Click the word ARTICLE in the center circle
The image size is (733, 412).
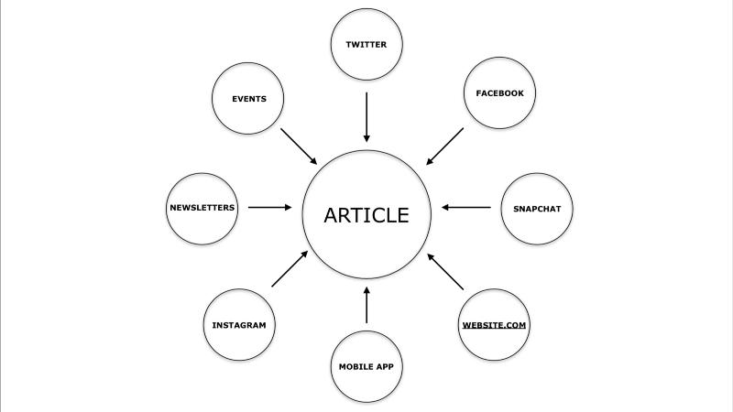pos(366,215)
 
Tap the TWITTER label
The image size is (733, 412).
pos(366,44)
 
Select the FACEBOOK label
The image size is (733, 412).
pos(499,93)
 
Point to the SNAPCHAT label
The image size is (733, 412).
pos(537,208)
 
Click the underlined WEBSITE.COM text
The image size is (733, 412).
pos(495,325)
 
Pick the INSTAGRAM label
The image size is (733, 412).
pos(239,325)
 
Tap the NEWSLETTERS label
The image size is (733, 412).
pos(202,208)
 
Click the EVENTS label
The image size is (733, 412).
pos(249,99)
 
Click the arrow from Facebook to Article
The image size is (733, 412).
pos(445,146)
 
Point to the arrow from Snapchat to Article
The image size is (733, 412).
pos(466,207)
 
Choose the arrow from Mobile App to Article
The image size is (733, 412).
pos(366,305)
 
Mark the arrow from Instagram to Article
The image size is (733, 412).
pos(290,270)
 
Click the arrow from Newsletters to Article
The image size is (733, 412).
pos(269,207)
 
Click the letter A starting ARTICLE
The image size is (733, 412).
pos(332,215)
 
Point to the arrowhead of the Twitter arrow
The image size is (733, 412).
pos(366,136)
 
